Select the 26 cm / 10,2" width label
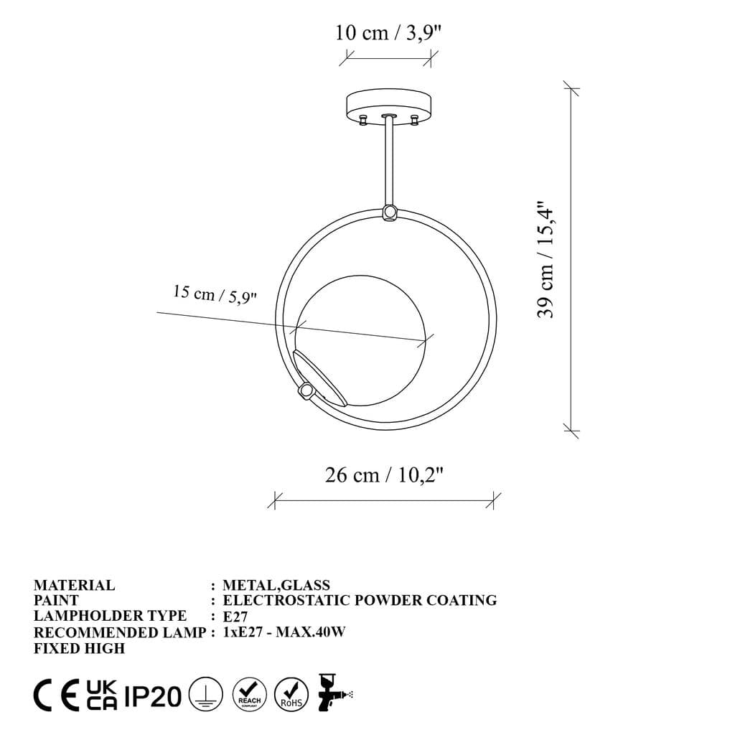385,474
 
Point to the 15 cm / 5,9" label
214,294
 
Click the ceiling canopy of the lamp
390,106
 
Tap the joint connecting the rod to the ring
390,212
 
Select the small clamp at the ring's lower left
306,391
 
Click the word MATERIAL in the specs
74,586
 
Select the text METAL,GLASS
276,586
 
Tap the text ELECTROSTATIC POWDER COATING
360,601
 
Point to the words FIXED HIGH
79,649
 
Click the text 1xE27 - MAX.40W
285,632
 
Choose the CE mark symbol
57,696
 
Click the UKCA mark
101,696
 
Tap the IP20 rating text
153,696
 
